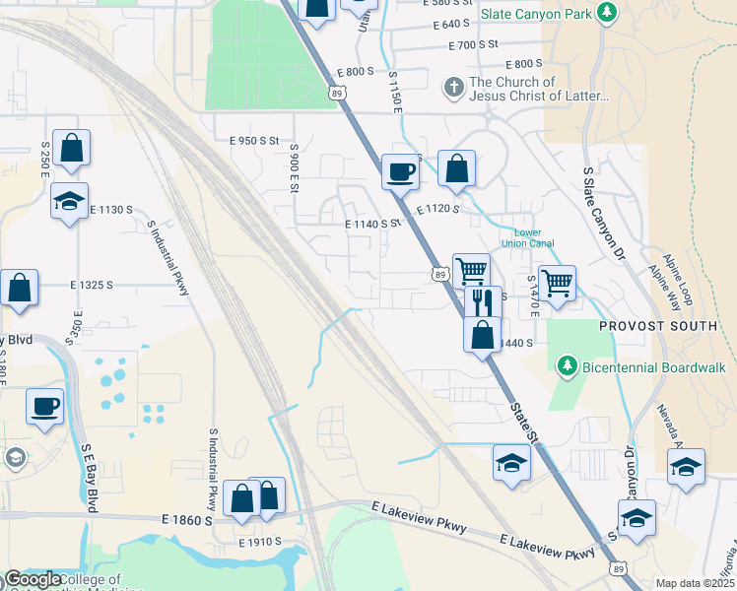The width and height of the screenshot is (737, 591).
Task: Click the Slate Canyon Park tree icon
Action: pyautogui.click(x=608, y=12)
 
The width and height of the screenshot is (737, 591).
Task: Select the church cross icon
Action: pyautogui.click(x=453, y=89)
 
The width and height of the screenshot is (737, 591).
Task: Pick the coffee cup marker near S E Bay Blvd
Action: pyautogui.click(x=45, y=405)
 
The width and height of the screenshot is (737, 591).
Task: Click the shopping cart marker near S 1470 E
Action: pyautogui.click(x=557, y=284)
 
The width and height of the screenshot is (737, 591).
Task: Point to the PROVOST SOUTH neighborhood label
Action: pyautogui.click(x=658, y=326)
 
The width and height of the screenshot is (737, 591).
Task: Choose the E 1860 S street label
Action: pyautogui.click(x=186, y=519)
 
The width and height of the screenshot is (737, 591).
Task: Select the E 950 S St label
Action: pyautogui.click(x=255, y=141)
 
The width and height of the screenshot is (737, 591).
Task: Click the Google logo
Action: pyautogui.click(x=32, y=579)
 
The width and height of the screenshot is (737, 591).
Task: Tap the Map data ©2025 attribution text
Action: pyautogui.click(x=695, y=583)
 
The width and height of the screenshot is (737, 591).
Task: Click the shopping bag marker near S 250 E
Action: pyautogui.click(x=72, y=148)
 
